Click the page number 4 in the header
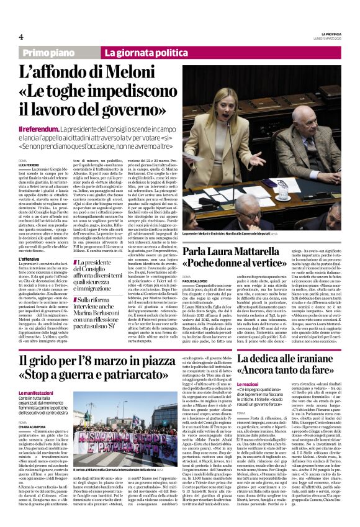click(21, 37)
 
